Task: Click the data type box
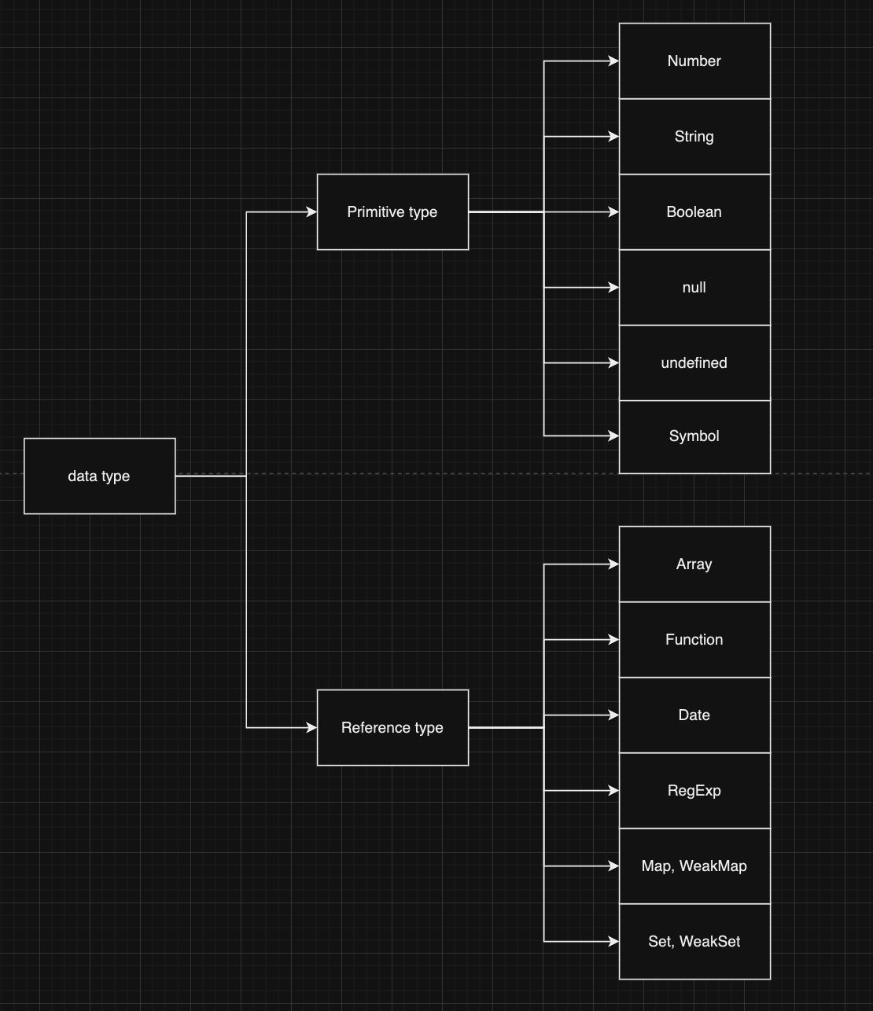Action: coord(99,476)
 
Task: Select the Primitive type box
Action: coord(392,211)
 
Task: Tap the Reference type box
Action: coord(392,727)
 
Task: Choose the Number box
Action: coord(694,61)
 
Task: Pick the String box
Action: coord(694,136)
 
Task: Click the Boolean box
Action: coord(694,211)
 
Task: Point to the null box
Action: coord(694,287)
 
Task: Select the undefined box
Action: coord(694,362)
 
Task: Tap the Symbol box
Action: coord(694,436)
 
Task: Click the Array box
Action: coord(694,564)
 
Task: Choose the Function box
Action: coord(694,639)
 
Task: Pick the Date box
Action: coord(694,715)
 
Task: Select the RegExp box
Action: coord(694,790)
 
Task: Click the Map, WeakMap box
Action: coord(694,866)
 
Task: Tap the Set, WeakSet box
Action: coord(694,941)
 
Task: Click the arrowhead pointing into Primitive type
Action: coord(311,211)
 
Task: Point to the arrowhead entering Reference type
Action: coord(311,727)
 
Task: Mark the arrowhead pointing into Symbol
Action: coord(613,436)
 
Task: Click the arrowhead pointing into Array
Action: coord(613,564)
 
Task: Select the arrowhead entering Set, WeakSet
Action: coord(613,941)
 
